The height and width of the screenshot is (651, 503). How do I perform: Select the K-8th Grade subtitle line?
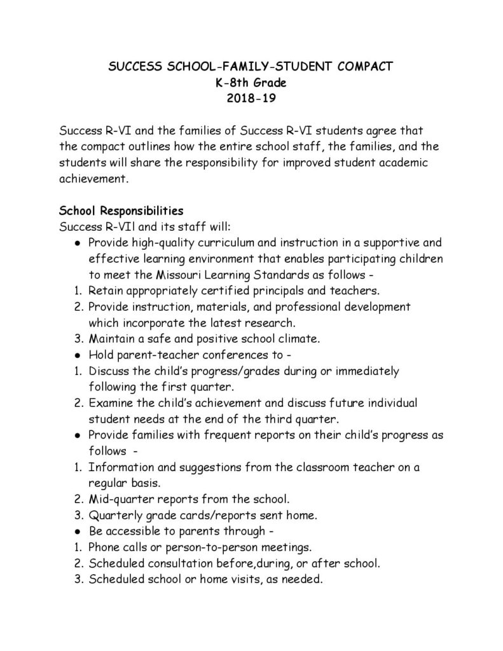point(251,82)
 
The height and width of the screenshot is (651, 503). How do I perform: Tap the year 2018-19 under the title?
point(251,99)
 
